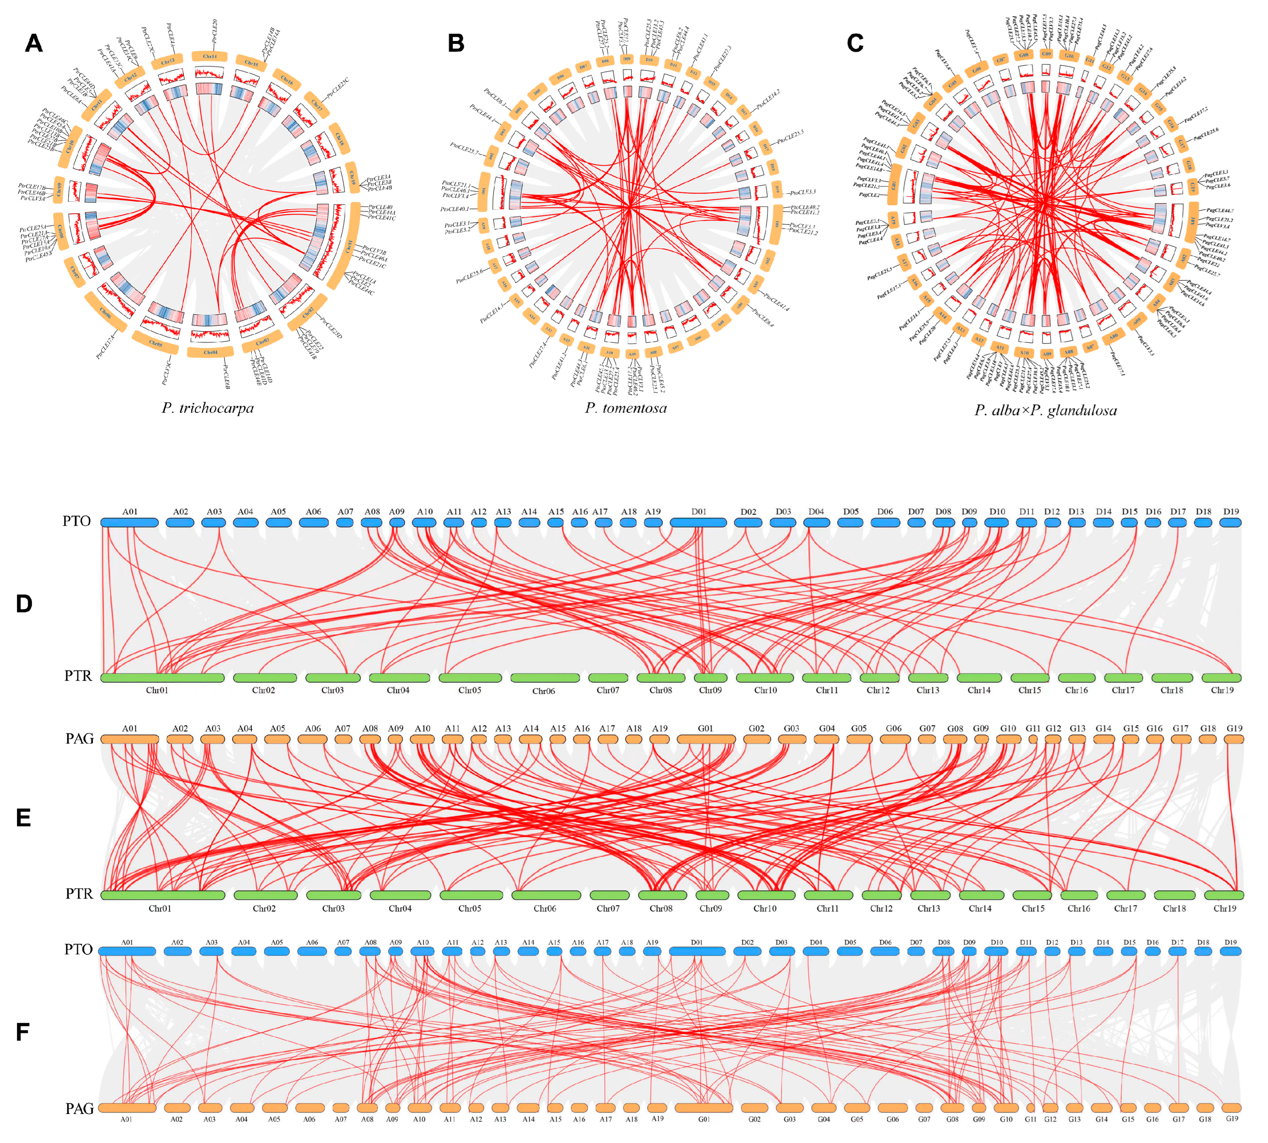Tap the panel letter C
[855, 43]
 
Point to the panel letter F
[23, 1032]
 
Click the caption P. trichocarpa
[207, 408]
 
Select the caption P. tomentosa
[626, 408]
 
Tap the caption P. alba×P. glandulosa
[1046, 411]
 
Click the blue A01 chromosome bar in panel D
[129, 522]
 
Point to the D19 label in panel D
[1231, 511]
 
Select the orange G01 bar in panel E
[705, 740]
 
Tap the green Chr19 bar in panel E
[1223, 895]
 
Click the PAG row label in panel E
[80, 738]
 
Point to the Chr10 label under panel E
[764, 908]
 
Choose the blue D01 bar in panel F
[697, 951]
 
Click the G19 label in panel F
[1232, 1119]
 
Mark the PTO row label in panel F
[79, 949]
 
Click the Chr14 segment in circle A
[210, 56]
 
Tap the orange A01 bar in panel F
[127, 1108]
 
